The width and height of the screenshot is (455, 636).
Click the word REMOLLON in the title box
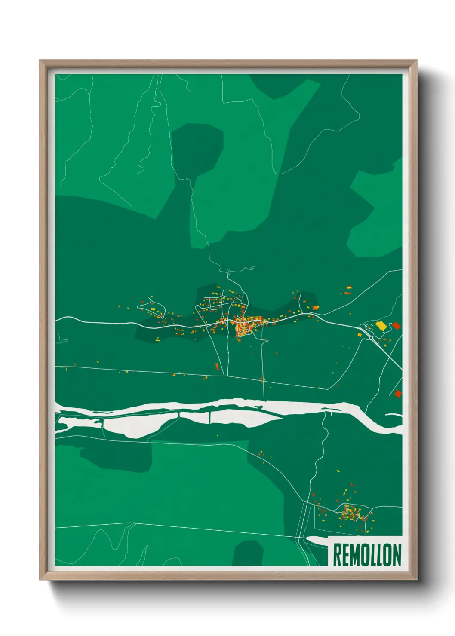pos(367,555)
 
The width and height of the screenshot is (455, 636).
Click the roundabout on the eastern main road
pos(371,338)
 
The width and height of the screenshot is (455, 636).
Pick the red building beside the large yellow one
pos(396,326)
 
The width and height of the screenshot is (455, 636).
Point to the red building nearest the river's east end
pos(398,393)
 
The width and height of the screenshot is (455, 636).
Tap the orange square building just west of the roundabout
pos(360,334)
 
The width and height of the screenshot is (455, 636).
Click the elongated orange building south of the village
pos(217,366)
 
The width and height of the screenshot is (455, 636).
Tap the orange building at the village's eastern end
pos(316,307)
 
